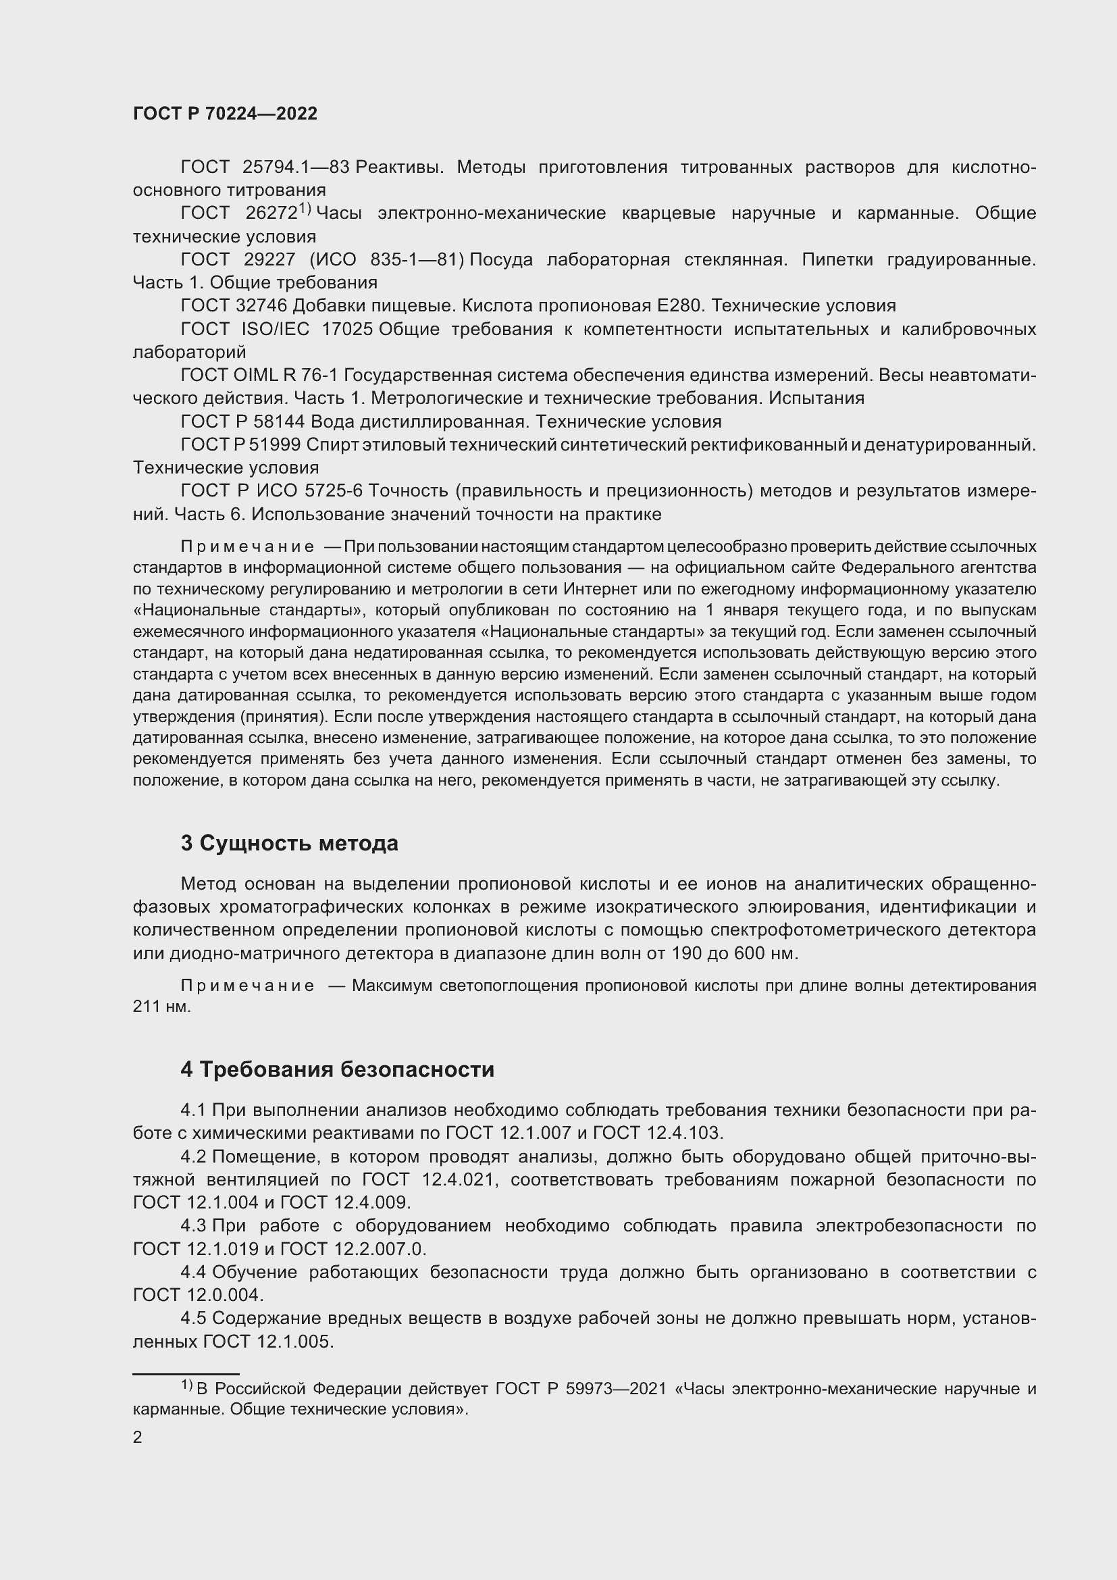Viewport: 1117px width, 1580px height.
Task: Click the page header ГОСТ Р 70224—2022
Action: point(225,114)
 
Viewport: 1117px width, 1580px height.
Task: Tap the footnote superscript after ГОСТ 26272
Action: point(305,209)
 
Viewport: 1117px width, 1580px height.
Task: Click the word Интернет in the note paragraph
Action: point(595,589)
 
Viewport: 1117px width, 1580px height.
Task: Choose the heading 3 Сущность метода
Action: point(289,843)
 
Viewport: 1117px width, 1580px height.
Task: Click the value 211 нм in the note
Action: point(161,1006)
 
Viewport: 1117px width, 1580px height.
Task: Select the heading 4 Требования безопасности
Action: point(337,1069)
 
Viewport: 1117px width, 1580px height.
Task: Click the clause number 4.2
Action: point(193,1156)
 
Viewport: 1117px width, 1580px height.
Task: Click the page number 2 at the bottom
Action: point(138,1437)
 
